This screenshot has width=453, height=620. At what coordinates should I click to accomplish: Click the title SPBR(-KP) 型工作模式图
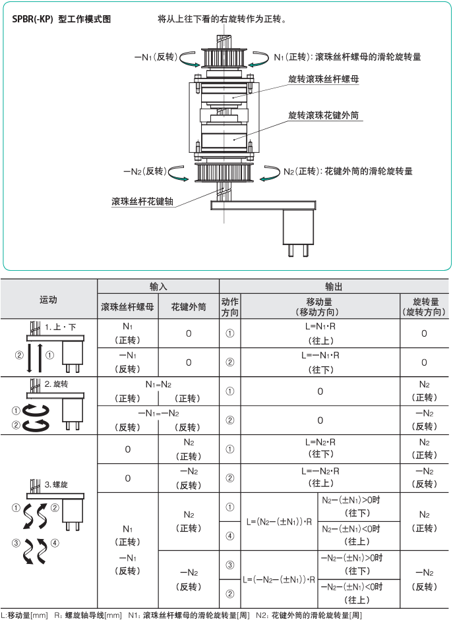[61, 20]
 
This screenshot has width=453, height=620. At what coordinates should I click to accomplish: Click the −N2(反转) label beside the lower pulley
[144, 171]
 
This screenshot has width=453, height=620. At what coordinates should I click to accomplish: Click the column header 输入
[158, 287]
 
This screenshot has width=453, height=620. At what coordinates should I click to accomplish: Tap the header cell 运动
[49, 299]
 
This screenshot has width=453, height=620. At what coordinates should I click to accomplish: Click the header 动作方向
[229, 306]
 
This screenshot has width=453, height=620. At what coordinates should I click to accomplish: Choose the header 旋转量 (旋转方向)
[424, 306]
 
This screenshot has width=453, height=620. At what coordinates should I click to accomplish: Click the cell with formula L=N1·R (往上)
[320, 333]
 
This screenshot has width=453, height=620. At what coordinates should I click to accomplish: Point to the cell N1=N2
[158, 383]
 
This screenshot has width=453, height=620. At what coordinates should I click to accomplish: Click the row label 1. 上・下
[61, 327]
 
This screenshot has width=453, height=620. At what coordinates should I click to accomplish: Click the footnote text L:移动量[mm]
[25, 615]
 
